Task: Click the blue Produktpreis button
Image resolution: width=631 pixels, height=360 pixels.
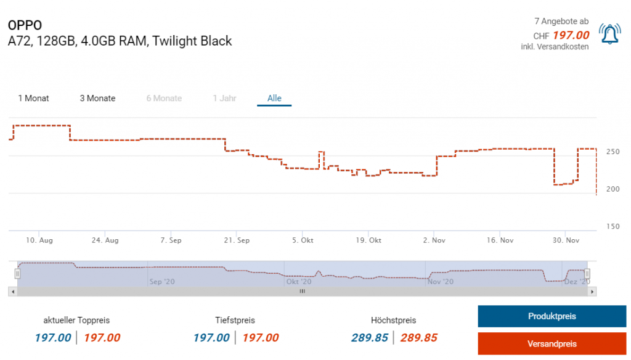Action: point(552,316)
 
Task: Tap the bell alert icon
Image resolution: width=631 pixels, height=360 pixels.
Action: point(609,35)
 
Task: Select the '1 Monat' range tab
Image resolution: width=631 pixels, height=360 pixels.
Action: point(34,99)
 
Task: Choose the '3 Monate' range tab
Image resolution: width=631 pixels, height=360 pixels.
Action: point(97,99)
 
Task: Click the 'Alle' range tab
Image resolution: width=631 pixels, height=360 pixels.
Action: point(274,99)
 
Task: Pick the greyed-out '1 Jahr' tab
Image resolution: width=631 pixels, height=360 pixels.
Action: point(224,99)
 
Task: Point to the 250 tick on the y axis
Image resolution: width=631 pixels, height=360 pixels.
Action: point(612,152)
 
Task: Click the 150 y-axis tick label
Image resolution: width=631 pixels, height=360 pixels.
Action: point(612,226)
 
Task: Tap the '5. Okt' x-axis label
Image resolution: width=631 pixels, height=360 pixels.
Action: point(303,240)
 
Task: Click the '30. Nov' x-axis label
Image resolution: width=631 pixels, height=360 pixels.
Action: point(565,240)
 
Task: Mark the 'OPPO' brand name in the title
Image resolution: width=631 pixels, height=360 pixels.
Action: point(25,25)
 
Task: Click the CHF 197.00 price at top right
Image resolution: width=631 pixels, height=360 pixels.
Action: point(571,35)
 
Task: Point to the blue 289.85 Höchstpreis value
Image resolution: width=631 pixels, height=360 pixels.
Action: point(369,338)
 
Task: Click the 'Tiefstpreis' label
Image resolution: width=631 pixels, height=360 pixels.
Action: point(235,321)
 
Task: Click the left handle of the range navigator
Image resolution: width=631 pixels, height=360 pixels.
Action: point(17,273)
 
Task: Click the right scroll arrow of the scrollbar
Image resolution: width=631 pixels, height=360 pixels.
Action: point(593,292)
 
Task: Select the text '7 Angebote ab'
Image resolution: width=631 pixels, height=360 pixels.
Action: point(561,22)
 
